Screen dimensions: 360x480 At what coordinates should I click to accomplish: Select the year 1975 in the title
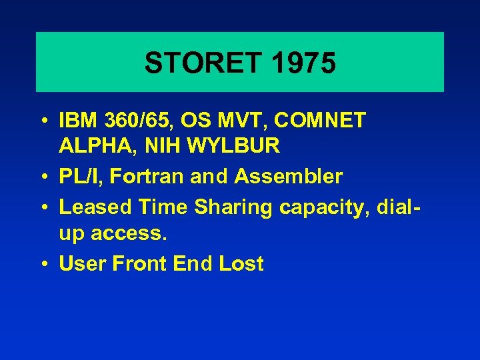point(303,63)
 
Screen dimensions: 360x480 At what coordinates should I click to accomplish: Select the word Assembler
point(289,177)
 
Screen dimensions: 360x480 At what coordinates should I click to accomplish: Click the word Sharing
point(233,207)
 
